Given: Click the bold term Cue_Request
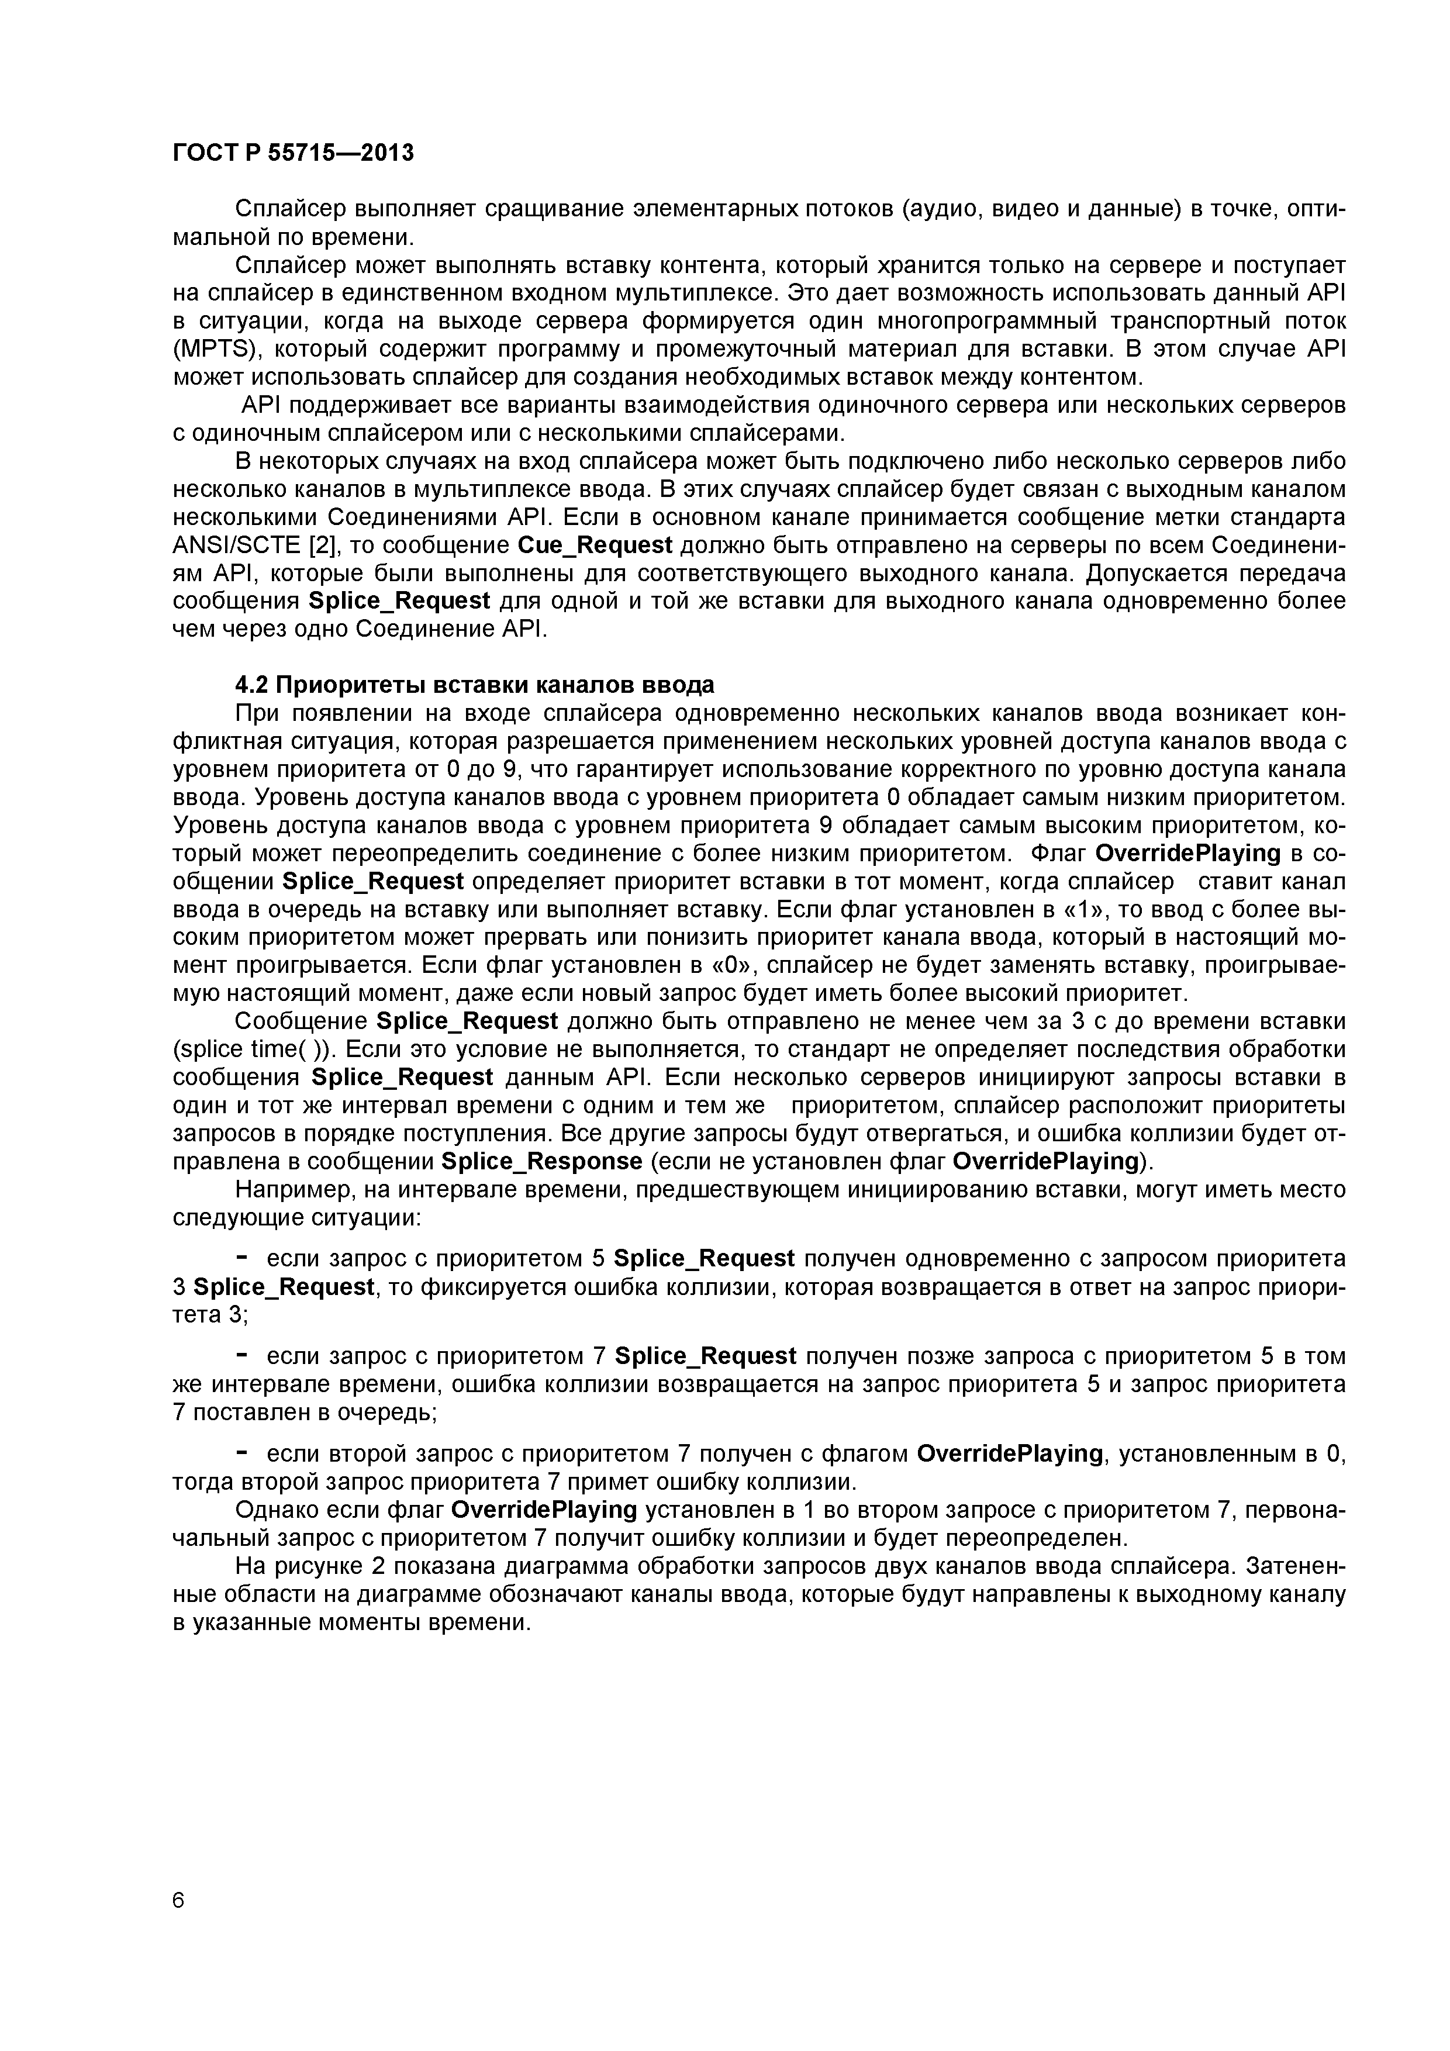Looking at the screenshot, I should coord(595,545).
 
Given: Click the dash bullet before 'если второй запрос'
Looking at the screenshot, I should coord(241,1453).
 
